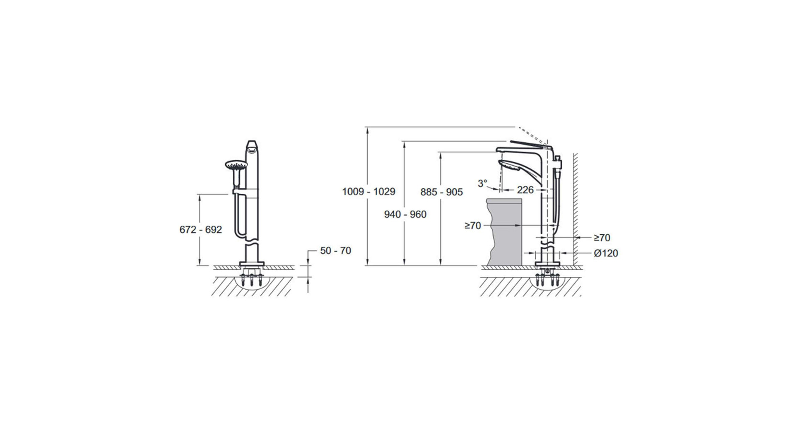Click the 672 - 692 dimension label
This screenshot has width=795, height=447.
point(201,229)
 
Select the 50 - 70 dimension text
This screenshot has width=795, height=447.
point(335,250)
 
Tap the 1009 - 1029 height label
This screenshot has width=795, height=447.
point(369,192)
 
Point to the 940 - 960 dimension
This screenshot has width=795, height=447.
point(405,214)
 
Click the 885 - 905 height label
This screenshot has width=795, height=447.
point(441,192)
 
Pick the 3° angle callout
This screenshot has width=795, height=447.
point(482,183)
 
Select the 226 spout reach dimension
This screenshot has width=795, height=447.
point(525,190)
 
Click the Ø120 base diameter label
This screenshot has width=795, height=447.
point(606,253)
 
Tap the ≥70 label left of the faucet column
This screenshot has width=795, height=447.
point(473,226)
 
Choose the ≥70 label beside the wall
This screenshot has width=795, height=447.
point(602,238)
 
